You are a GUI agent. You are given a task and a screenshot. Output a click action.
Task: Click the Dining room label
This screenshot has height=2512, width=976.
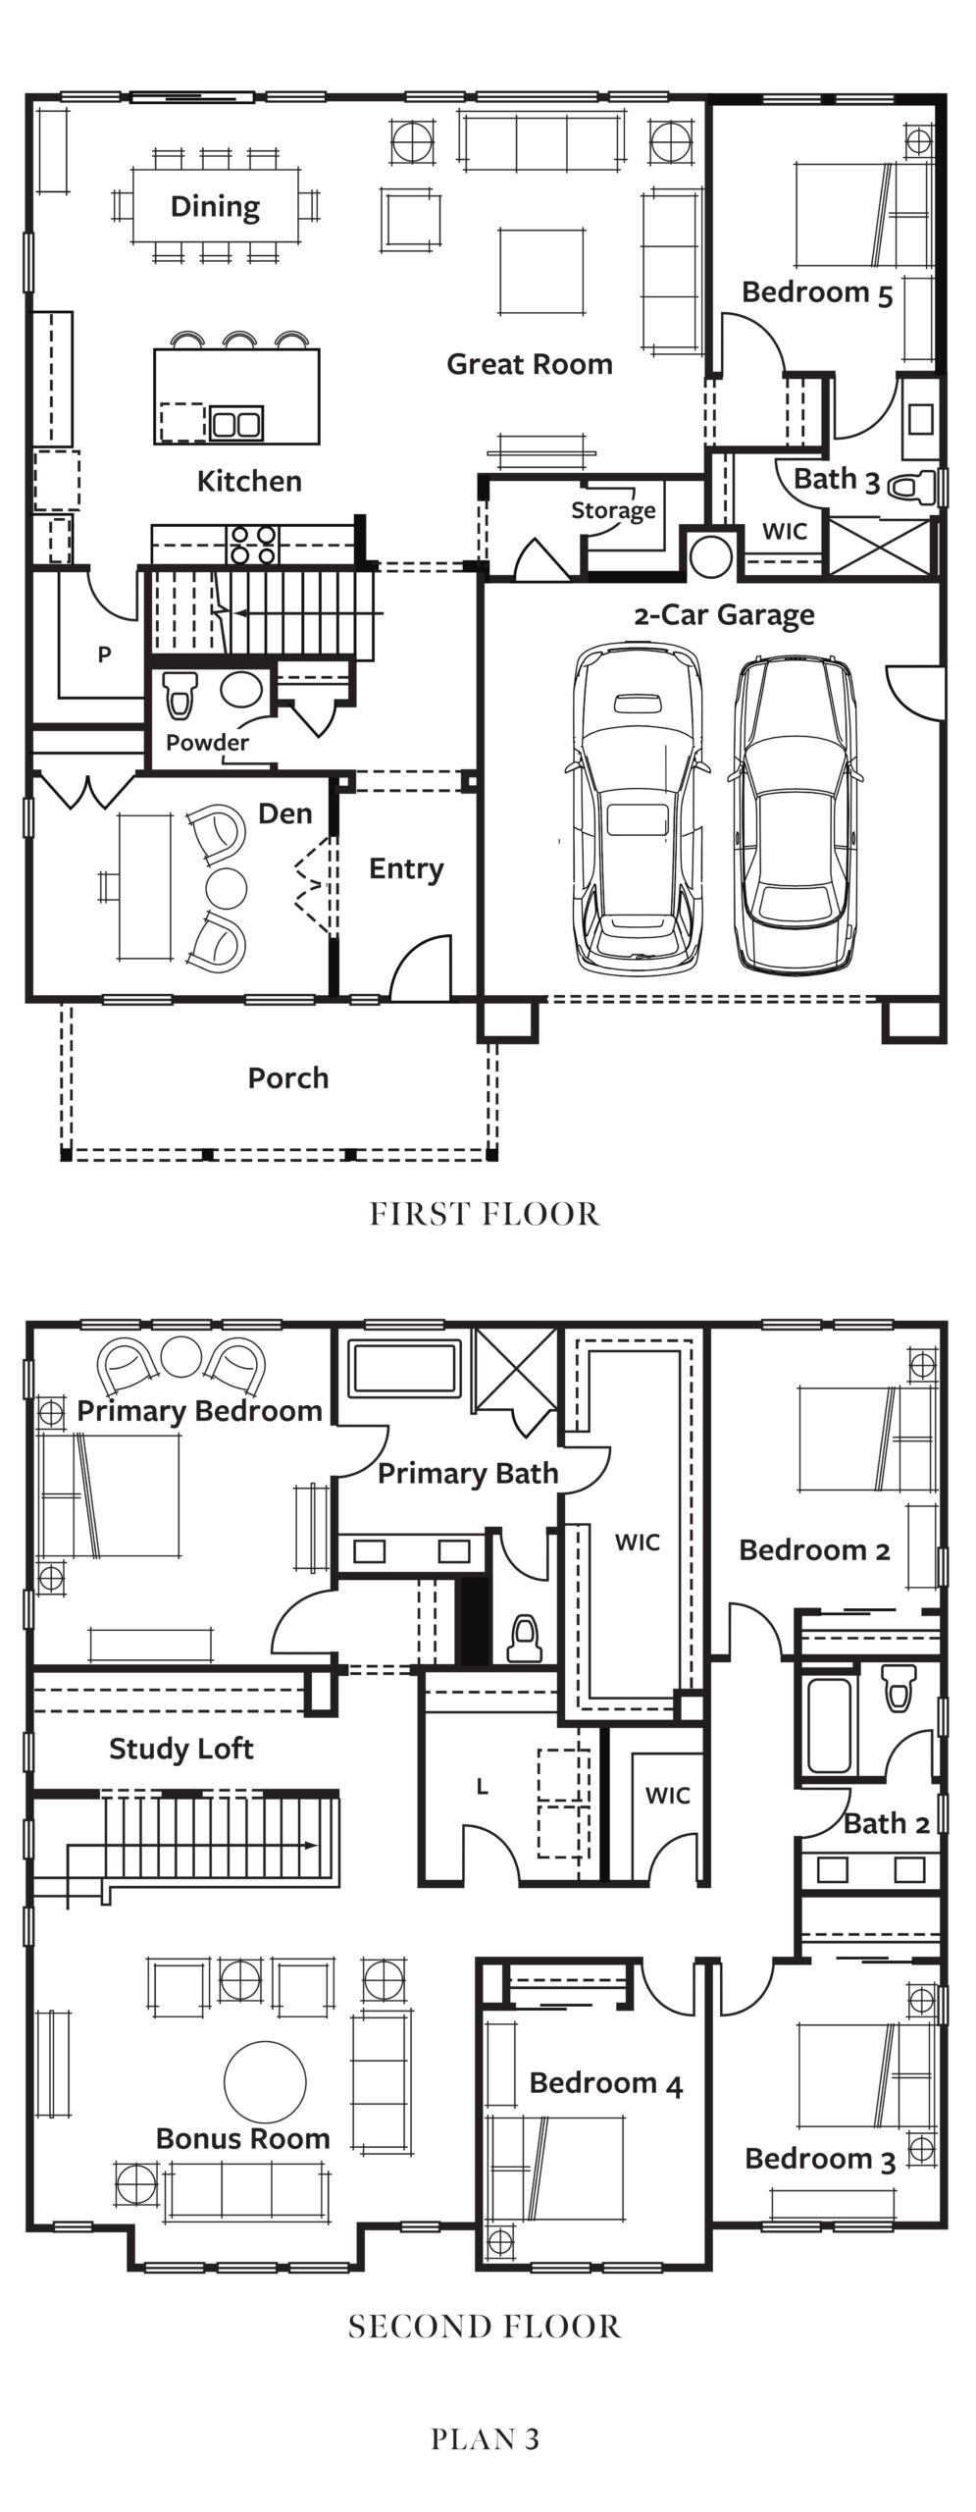[x=215, y=207]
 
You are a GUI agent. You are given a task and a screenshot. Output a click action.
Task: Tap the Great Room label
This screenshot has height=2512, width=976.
[x=530, y=364]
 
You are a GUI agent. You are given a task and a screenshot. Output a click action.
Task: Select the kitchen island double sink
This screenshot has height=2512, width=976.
[x=236, y=423]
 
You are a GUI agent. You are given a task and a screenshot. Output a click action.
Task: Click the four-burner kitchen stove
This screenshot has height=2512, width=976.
[x=253, y=545]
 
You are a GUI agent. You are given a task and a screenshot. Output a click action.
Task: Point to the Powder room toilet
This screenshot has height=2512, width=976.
[x=179, y=693]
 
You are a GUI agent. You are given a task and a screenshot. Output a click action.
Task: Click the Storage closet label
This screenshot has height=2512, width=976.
[x=613, y=510]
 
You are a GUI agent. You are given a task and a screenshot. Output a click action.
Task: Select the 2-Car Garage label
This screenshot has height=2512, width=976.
[x=724, y=615]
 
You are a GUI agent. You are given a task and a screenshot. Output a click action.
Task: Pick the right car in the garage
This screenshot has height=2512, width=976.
[x=796, y=814]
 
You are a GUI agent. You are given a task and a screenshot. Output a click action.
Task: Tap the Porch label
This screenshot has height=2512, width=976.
[x=287, y=1077]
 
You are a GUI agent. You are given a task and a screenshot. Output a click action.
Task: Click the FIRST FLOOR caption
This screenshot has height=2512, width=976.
[x=485, y=1215]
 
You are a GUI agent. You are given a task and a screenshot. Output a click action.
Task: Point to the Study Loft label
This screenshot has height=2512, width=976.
[x=181, y=1749]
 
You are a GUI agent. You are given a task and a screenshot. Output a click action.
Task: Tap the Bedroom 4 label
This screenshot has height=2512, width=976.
[x=606, y=2083]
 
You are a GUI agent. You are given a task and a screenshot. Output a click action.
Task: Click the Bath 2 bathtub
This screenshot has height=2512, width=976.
[x=828, y=1726]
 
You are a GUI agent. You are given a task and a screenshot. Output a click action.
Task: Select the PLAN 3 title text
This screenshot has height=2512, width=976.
[x=485, y=2439]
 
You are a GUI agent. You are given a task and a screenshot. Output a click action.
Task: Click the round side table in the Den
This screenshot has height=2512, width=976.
[x=227, y=887]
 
